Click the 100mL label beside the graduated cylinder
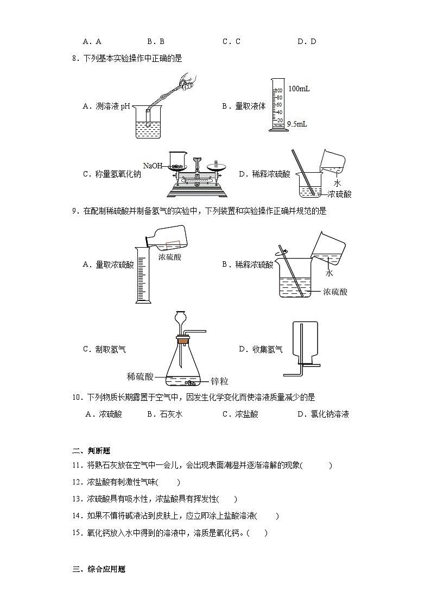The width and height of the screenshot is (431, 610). click(x=299, y=89)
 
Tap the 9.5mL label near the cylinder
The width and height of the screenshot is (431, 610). click(x=297, y=124)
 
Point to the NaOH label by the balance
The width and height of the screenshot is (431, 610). click(x=153, y=165)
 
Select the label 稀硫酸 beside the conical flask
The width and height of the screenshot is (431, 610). click(x=140, y=376)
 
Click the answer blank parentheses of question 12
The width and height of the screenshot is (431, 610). click(x=168, y=482)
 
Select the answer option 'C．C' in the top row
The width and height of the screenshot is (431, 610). click(x=231, y=41)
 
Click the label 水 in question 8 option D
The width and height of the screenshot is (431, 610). click(x=337, y=183)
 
